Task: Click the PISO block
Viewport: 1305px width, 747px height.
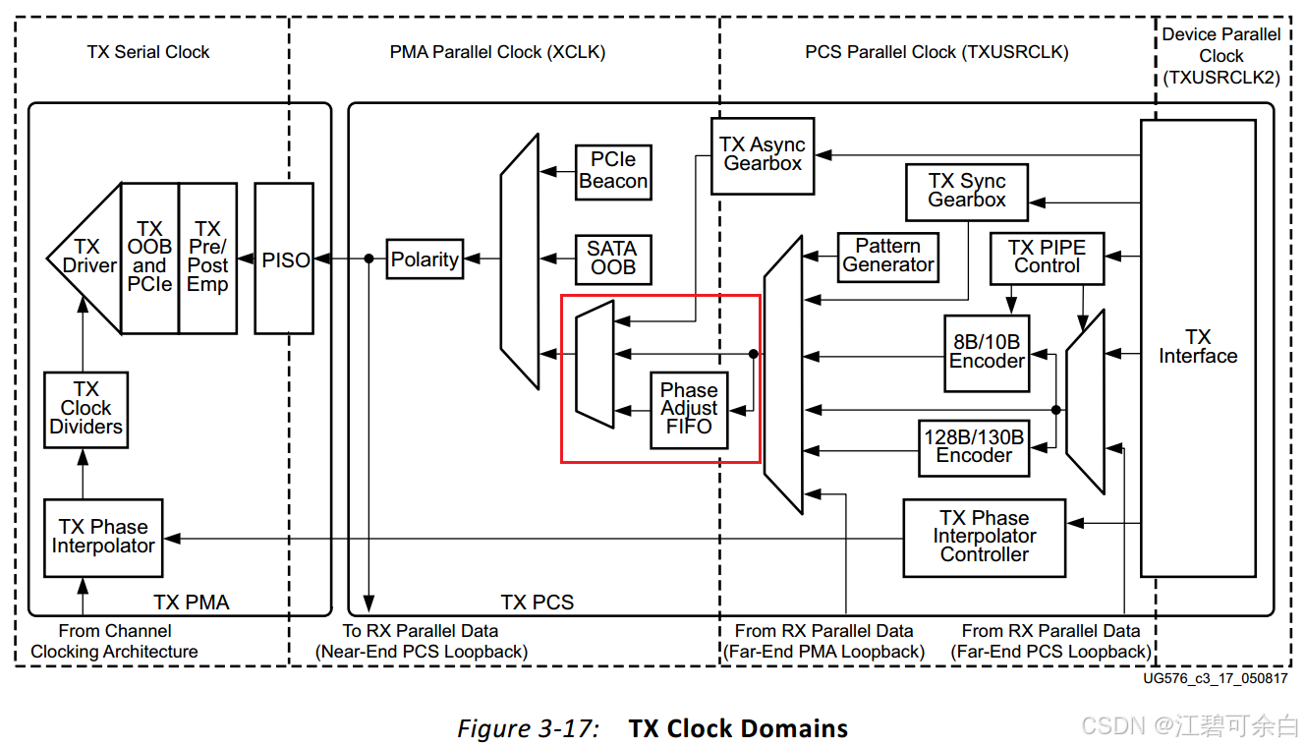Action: point(284,259)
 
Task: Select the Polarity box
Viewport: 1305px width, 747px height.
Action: point(425,259)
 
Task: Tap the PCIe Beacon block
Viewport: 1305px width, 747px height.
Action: point(613,171)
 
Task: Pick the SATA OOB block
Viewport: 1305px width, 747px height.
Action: point(613,259)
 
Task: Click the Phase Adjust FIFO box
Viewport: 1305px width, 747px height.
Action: point(689,410)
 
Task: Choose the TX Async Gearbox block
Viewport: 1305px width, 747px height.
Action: point(763,155)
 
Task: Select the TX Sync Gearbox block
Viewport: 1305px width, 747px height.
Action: point(967,192)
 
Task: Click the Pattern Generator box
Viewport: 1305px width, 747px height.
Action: point(887,257)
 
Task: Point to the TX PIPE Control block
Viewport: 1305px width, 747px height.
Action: point(1047,258)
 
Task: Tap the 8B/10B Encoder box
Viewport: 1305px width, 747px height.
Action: point(987,352)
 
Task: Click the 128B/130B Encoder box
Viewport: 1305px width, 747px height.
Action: point(974,447)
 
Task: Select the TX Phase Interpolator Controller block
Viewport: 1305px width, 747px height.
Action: point(984,538)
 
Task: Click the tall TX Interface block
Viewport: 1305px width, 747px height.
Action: point(1197,348)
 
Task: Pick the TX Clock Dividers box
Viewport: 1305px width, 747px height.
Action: point(85,409)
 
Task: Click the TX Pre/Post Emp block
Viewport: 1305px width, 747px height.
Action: point(207,259)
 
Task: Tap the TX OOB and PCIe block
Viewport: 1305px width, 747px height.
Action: point(149,259)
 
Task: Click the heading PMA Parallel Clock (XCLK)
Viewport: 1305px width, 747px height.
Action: point(497,52)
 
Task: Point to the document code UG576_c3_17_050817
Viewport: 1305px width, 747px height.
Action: point(1216,678)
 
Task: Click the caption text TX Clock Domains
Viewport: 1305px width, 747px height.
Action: point(738,728)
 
